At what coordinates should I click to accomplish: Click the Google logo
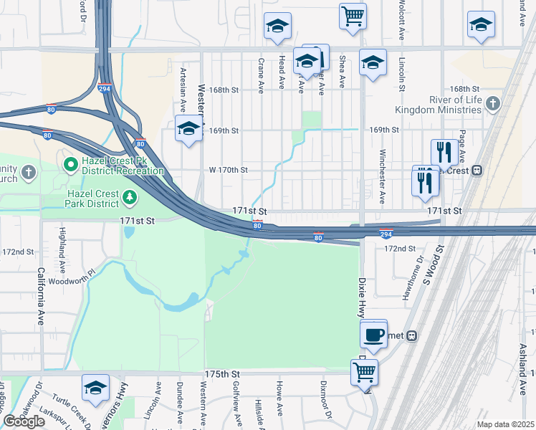click(x=24, y=421)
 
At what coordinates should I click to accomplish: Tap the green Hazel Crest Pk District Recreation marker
click(x=71, y=164)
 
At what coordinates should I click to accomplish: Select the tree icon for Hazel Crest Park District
click(x=130, y=196)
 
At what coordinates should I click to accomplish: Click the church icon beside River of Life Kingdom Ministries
click(x=492, y=105)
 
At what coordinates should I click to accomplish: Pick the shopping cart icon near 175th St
click(x=364, y=371)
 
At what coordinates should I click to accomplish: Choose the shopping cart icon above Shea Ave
click(x=353, y=15)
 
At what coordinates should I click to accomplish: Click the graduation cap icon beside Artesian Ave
click(x=189, y=128)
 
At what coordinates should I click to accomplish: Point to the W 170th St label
click(x=228, y=170)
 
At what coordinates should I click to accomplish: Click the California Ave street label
click(x=41, y=297)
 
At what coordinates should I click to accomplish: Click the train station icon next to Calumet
click(x=413, y=335)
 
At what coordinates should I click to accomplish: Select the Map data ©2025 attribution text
click(x=505, y=424)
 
